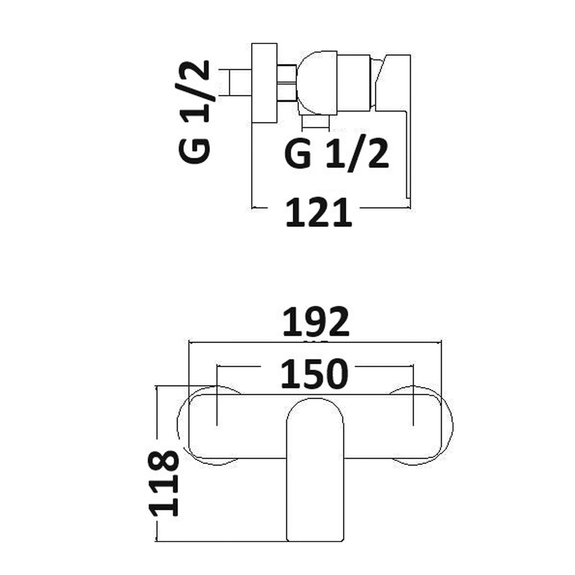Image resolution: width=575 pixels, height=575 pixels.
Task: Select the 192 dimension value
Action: point(316,322)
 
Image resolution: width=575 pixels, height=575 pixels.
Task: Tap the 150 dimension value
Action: point(314,373)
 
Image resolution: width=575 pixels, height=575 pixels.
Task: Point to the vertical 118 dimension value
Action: point(163,483)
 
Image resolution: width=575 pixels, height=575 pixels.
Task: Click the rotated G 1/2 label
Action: point(194,112)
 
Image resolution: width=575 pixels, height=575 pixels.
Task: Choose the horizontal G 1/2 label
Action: point(336,154)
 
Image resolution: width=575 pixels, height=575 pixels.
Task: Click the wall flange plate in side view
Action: point(264,83)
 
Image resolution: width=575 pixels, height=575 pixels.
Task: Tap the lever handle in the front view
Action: point(315,470)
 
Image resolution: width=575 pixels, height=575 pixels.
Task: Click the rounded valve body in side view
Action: point(317,83)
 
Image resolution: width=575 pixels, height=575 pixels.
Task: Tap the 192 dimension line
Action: point(315,343)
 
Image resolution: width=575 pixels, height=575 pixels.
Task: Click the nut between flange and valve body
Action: point(287,83)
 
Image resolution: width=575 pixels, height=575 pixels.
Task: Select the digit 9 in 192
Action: point(316,322)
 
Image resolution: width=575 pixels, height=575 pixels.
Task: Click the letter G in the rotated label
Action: point(194,150)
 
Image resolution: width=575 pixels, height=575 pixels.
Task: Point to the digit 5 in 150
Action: point(314,373)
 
